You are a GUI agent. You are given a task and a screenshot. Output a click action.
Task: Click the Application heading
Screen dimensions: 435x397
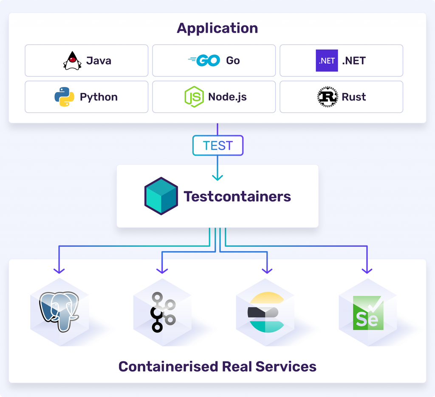coord(217,28)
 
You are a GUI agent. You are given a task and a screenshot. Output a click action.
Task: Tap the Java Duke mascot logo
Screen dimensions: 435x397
coord(72,61)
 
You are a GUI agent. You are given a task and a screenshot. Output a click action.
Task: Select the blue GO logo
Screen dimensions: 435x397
coord(204,60)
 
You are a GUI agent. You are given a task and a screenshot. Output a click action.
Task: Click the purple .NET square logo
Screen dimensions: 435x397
coord(327,60)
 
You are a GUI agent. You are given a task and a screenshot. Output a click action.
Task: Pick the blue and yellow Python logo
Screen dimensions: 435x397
coord(65,97)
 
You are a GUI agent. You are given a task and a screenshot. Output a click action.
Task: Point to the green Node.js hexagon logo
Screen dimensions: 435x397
coord(194,97)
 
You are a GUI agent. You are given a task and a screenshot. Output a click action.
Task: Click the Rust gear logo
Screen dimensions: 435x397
coord(328,97)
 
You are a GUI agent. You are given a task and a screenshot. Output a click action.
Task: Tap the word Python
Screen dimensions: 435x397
coord(99,97)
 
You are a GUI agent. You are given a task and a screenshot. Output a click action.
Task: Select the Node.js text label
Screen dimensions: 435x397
coord(228,97)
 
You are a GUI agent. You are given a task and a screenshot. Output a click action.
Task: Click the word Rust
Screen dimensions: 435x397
coord(354,97)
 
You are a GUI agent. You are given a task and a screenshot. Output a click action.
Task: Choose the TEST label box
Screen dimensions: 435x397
coord(218,145)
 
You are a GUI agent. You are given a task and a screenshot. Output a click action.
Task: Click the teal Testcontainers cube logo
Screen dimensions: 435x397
coord(161,196)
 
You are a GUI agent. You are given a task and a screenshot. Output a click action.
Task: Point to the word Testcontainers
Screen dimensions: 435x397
coord(237,196)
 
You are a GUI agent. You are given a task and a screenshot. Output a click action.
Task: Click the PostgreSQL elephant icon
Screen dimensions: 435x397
coord(59,311)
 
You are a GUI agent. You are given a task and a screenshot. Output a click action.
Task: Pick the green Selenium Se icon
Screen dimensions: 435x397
coord(368,313)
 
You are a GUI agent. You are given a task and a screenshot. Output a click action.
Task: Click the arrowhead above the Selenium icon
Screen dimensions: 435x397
coord(367,271)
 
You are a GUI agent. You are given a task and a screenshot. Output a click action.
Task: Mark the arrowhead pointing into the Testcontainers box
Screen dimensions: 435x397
coord(217,178)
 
